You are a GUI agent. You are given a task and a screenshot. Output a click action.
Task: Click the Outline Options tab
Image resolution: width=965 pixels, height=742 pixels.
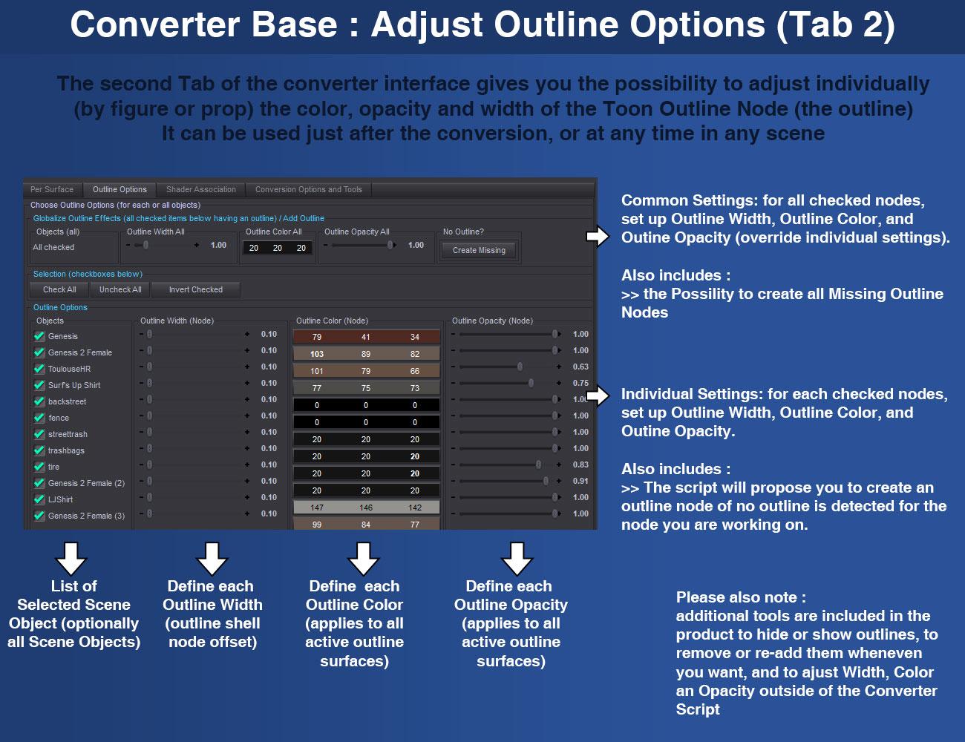coord(120,189)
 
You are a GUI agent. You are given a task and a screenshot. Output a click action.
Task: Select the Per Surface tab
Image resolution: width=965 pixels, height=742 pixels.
coord(52,189)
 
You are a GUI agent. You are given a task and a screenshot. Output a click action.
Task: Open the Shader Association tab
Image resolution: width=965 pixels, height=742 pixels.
coord(200,189)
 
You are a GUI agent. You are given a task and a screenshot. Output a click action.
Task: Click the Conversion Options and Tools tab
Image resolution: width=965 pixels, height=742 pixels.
coord(308,189)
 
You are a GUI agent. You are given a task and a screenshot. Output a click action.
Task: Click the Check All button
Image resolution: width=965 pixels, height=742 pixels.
coord(59,289)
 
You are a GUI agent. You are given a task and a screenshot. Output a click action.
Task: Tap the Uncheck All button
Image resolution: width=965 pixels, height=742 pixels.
coord(120,289)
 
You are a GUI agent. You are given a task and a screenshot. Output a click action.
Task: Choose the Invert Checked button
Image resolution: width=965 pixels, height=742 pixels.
coord(195,289)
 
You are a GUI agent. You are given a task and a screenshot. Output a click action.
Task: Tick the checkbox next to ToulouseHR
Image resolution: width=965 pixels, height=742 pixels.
coord(39,368)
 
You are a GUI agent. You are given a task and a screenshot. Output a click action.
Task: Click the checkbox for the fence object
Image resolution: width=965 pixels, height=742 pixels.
coord(39,417)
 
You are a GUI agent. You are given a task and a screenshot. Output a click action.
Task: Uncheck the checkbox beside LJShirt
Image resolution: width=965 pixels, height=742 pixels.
coord(39,499)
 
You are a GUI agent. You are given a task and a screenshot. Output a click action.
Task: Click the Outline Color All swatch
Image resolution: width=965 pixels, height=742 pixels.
coord(277,248)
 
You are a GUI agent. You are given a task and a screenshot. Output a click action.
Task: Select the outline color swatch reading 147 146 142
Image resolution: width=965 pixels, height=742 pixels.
coord(366,508)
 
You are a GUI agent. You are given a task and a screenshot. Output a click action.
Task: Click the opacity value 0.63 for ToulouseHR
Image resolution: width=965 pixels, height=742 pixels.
coord(580,367)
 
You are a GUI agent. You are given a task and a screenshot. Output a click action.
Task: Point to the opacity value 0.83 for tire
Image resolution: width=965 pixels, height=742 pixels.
coord(580,464)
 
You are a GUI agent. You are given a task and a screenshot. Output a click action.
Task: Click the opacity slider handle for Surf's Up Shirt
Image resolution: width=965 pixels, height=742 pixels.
coord(531,383)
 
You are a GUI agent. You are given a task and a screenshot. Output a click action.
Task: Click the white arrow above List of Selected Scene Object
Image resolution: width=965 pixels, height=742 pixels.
coord(71,559)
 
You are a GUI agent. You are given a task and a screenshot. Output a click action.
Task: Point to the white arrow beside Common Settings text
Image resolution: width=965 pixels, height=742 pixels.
coord(598,236)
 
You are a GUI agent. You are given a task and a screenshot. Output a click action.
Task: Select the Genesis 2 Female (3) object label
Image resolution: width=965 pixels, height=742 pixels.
coord(86,516)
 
